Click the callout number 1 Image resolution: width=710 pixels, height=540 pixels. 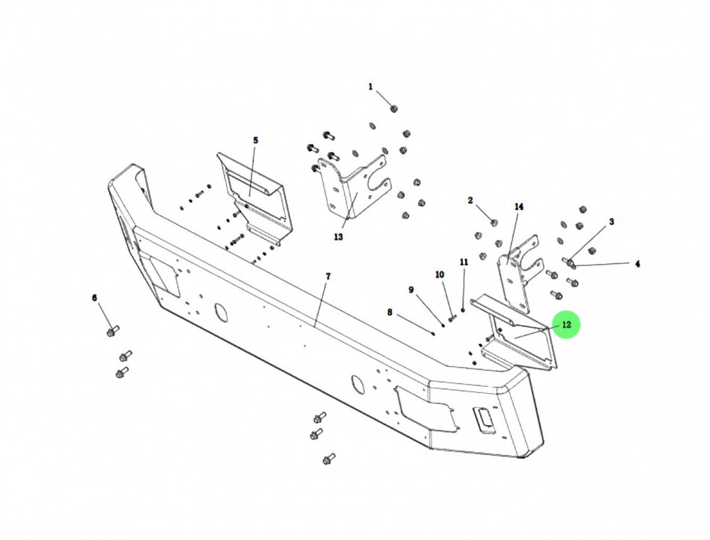click(x=371, y=87)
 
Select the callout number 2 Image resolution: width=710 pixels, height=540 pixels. click(x=471, y=200)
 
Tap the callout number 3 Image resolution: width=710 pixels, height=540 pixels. click(x=612, y=222)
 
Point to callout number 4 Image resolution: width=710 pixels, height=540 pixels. click(x=638, y=264)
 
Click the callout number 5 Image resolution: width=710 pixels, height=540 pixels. click(x=256, y=140)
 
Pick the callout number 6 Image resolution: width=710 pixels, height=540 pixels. click(x=94, y=298)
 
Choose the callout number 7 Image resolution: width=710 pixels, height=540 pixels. click(x=328, y=276)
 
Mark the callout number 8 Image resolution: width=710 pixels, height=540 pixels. click(x=389, y=312)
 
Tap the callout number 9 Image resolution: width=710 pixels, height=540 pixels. click(x=411, y=290)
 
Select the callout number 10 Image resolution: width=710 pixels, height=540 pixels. click(x=439, y=275)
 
